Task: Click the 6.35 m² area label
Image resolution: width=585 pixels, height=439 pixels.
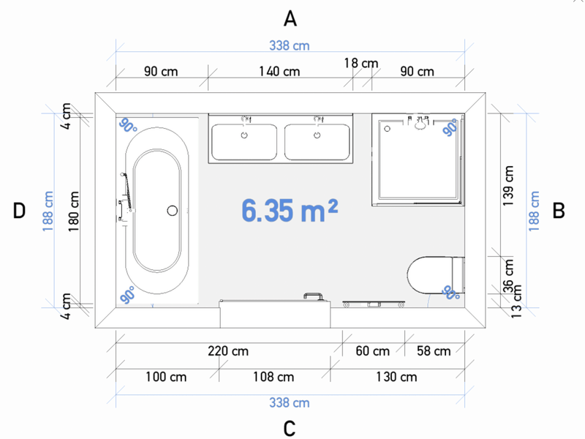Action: pos(290,210)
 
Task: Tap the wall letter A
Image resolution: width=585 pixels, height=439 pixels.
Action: pos(290,19)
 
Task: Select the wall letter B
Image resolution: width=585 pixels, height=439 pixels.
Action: pos(559,211)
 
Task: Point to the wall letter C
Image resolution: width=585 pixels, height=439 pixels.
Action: pos(290,429)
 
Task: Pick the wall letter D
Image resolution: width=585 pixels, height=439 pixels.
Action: pos(19,211)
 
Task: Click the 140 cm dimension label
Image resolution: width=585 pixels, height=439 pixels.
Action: pos(279,71)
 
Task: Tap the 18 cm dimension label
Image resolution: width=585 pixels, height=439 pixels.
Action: pos(361,63)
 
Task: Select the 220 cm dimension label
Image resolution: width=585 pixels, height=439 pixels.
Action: pos(228,351)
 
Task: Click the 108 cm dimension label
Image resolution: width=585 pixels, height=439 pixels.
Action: pos(273,377)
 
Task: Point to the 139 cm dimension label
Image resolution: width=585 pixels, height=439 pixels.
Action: pos(508,186)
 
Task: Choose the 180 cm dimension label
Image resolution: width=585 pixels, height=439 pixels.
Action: pos(74,211)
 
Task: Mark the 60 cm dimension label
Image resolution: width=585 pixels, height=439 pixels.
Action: pos(372,351)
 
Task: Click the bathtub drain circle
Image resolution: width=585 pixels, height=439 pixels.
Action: pos(172,211)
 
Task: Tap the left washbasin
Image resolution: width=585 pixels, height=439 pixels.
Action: pos(244,142)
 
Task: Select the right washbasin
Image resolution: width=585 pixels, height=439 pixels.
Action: pos(317,142)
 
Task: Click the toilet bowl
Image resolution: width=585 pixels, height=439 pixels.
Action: pos(430,275)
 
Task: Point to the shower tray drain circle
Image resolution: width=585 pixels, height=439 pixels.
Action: pos(388,129)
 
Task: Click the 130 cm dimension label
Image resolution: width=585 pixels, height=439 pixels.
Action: pos(396,377)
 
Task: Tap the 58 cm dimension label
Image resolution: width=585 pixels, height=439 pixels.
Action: pos(434,351)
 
